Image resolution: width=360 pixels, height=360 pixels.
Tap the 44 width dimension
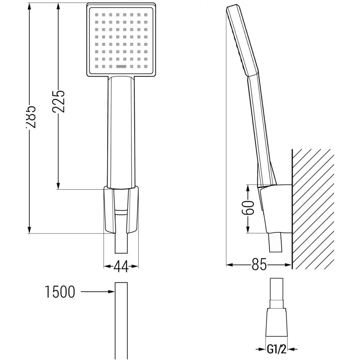[x=121, y=266]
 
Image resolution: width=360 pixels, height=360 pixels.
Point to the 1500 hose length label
[x=60, y=292]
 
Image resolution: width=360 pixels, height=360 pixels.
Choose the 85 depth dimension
[x=259, y=265]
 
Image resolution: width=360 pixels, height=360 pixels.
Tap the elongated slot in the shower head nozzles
[x=121, y=66]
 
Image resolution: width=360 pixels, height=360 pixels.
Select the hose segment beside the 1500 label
[x=121, y=320]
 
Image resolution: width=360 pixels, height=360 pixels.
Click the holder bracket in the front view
[x=121, y=209]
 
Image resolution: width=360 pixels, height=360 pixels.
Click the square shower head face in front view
[x=121, y=40]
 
